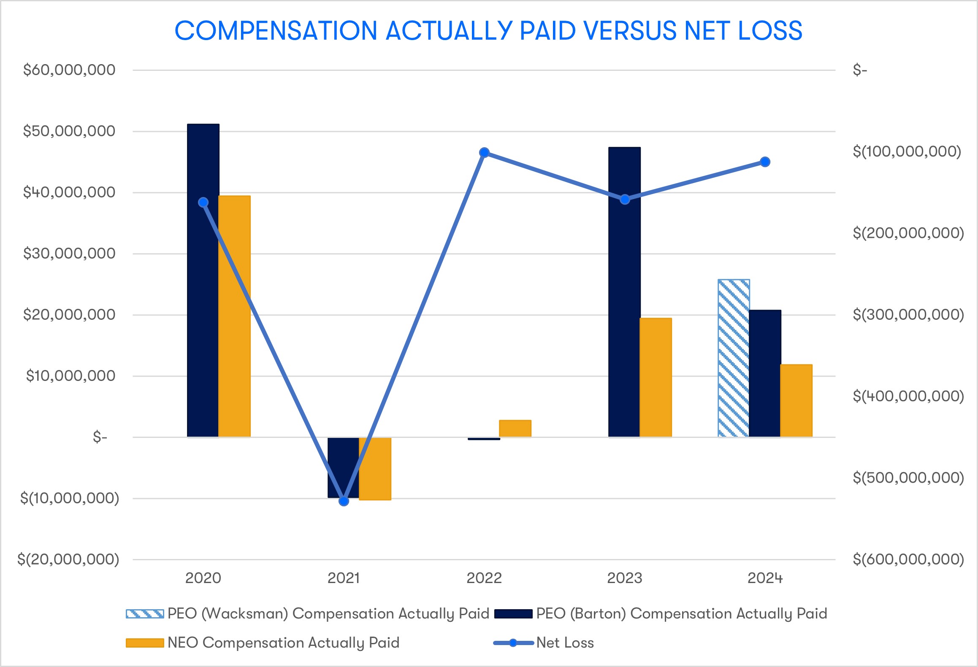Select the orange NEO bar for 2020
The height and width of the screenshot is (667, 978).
pos(235,316)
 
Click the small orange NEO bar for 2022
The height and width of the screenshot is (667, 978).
pos(515,428)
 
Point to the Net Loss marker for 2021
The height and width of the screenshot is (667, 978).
pos(344,501)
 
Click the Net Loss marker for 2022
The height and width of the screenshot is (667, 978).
pos(485,152)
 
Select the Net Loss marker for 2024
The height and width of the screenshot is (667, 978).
pos(765,162)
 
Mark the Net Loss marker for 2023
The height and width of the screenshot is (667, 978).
pos(625,199)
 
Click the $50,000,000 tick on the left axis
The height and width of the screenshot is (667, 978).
pos(69,131)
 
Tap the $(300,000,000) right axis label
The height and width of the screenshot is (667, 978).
pos(908,315)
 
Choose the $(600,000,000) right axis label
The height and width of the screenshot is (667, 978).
pos(908,559)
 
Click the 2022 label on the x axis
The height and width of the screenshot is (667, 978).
pos(484,578)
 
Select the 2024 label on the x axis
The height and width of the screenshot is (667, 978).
pos(765,578)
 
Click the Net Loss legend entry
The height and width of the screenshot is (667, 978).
pos(565,643)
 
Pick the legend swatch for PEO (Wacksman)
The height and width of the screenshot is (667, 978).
pos(145,614)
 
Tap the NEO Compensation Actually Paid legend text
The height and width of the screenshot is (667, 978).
pos(283,643)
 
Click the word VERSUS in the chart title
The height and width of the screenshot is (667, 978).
pos(629,31)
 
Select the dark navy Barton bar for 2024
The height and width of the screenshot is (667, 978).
pos(765,373)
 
